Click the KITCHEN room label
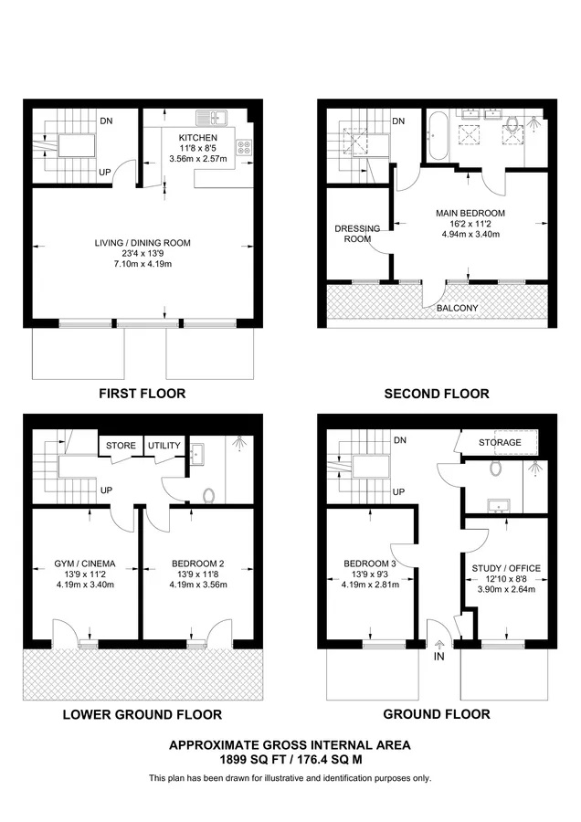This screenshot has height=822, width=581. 197,137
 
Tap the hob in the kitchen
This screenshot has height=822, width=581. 244,147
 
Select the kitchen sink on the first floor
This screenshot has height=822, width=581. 212,118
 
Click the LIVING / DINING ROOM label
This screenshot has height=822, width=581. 143,243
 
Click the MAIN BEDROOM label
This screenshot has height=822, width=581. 470,214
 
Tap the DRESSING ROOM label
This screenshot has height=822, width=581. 357,234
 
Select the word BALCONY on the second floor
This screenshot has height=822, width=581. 458,309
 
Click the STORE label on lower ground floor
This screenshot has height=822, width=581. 121,446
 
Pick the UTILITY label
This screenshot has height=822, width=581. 164,446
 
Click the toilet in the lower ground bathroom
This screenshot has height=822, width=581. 208,495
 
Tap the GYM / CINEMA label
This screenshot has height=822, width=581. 85,564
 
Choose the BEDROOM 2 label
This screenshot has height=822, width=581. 198,564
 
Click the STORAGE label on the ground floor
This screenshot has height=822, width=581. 500,442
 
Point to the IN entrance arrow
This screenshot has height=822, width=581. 438,646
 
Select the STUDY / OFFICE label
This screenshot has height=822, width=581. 506,568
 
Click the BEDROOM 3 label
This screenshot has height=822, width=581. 370,564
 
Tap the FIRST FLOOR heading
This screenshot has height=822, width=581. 143,394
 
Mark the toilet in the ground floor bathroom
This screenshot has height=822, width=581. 495,468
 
